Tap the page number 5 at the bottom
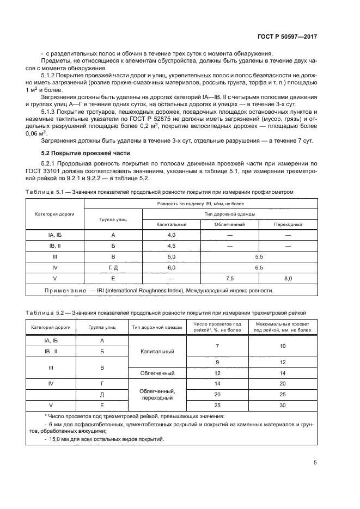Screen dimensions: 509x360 click(315, 463)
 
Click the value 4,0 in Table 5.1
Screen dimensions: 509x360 click(172, 235)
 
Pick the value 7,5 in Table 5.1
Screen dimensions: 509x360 click(229, 278)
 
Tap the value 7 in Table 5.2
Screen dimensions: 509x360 click(217, 346)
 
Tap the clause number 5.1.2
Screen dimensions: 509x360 click(50, 74)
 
